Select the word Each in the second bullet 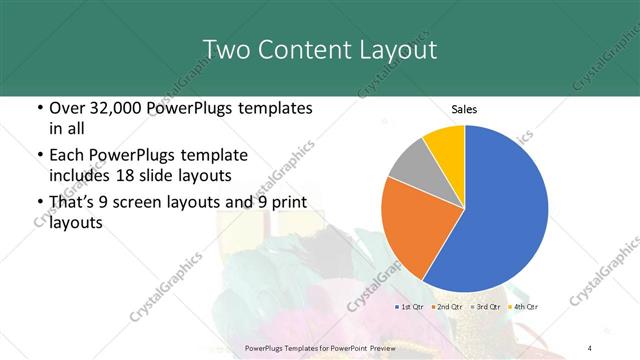tap(66, 156)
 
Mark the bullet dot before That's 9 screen tap(38, 204)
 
